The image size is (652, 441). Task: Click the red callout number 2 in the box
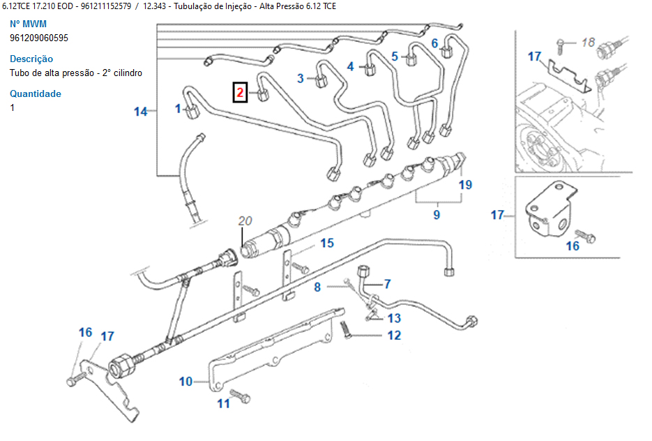tap(239, 91)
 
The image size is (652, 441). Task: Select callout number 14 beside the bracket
tap(142, 111)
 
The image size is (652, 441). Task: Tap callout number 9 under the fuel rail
tap(437, 215)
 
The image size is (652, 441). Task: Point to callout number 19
tap(465, 185)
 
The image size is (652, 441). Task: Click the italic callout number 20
tap(244, 221)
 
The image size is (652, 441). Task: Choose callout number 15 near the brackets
tap(327, 243)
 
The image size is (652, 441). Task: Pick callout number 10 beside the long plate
tap(185, 382)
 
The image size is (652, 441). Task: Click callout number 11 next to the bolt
tap(223, 403)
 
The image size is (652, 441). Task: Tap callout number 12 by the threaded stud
tap(394, 336)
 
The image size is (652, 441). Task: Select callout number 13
tap(394, 318)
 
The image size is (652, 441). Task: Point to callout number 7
tap(387, 284)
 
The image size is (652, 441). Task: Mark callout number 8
tap(317, 286)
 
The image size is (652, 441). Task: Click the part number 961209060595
tap(39, 38)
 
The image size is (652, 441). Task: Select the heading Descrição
tap(31, 59)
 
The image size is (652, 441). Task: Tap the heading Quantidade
tap(36, 94)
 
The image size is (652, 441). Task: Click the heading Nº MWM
tap(29, 24)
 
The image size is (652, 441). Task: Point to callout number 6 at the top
tap(434, 43)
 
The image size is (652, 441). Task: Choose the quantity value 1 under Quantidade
tap(13, 108)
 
